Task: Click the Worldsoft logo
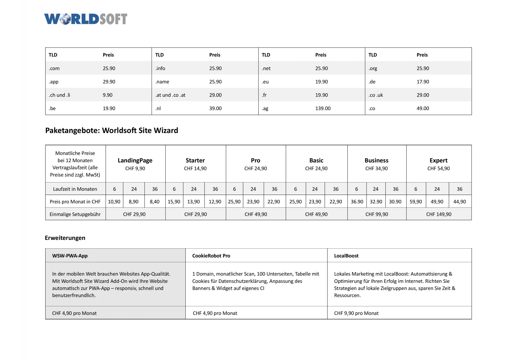click(x=86, y=19)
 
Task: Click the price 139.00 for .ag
click(x=323, y=108)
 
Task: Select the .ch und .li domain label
click(x=59, y=95)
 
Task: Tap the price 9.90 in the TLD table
click(x=108, y=95)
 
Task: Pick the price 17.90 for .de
click(x=423, y=82)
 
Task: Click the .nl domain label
click(x=158, y=108)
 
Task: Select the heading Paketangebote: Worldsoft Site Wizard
click(x=112, y=130)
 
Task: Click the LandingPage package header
click(x=135, y=160)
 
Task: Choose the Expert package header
click(x=438, y=160)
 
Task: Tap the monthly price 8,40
click(x=155, y=202)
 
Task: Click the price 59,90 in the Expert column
click(x=416, y=202)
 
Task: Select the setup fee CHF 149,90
click(x=438, y=214)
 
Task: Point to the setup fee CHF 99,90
click(x=376, y=214)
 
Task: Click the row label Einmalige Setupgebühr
click(x=75, y=214)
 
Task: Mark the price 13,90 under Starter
click(x=194, y=202)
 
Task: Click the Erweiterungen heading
click(x=65, y=238)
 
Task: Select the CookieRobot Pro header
click(x=211, y=256)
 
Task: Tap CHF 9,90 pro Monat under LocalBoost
click(x=356, y=313)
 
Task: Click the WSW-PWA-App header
click(x=70, y=256)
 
